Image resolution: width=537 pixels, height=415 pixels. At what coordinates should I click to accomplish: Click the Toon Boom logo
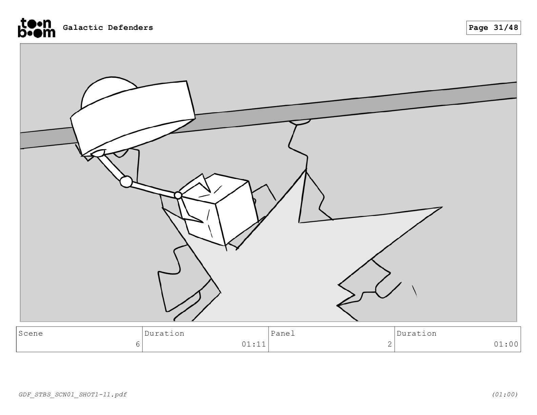coord(36,28)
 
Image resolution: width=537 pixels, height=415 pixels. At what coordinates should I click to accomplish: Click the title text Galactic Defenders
coord(108,27)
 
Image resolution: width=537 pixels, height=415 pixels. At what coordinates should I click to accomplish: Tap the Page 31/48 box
coord(493,28)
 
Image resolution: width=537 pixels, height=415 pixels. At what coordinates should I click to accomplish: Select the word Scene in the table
coord(31,334)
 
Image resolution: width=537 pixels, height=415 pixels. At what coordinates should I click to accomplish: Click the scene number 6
coord(138,344)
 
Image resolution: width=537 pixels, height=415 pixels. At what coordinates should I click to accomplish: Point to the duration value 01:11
coord(254,344)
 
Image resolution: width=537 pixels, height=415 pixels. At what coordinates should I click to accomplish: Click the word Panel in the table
coord(283,334)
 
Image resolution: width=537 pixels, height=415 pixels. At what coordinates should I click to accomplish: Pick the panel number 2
coord(390,344)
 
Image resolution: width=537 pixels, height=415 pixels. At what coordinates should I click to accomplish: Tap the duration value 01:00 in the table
coord(506,344)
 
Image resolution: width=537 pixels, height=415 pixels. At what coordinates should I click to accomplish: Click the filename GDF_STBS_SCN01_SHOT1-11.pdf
coord(73,394)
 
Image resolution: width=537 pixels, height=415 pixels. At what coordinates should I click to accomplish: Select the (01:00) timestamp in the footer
coord(505,394)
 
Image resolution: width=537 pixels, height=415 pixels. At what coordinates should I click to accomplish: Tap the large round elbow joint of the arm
coord(126,182)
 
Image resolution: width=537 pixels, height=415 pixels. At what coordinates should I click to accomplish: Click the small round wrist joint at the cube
coord(178,195)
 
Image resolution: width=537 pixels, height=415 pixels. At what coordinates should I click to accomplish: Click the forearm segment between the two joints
coord(153,189)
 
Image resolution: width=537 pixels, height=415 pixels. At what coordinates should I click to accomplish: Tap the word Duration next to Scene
coord(164,334)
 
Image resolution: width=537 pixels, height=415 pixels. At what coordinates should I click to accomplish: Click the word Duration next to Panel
coord(417,334)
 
